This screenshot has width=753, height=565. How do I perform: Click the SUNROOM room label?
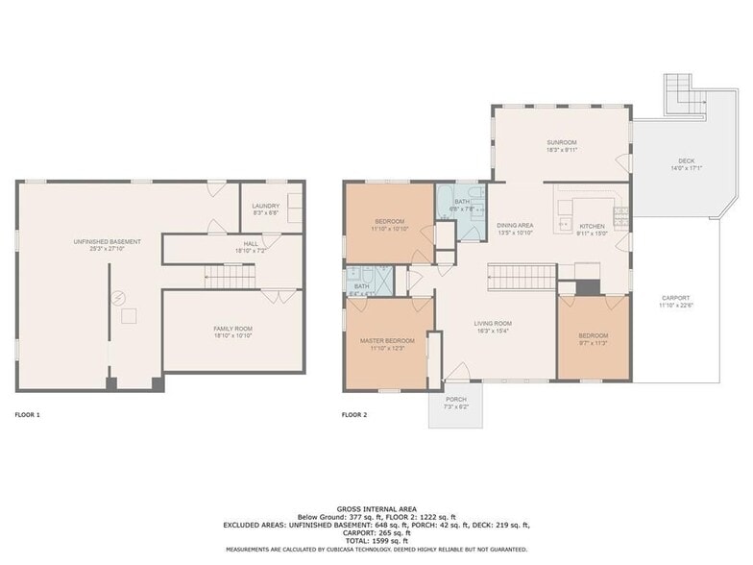click(x=562, y=142)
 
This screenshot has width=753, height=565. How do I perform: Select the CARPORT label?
click(x=674, y=298)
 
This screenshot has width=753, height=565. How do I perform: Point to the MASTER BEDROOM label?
click(x=387, y=340)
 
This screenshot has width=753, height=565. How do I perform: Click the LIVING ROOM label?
click(x=492, y=324)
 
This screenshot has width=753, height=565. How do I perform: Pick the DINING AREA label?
click(x=515, y=225)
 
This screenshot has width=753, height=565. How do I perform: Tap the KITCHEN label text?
click(x=592, y=226)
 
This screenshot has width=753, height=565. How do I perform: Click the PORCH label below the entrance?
click(x=455, y=399)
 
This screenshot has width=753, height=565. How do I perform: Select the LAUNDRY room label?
click(x=266, y=206)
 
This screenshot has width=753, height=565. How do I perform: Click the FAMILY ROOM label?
click(x=232, y=329)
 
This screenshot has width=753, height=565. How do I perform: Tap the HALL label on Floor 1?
click(x=250, y=244)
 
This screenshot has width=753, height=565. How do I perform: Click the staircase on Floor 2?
click(x=519, y=279)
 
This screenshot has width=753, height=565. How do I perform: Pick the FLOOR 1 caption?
click(x=28, y=415)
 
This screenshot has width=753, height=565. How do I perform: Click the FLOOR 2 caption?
click(x=354, y=415)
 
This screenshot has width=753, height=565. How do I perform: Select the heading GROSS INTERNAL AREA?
click(x=376, y=509)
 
